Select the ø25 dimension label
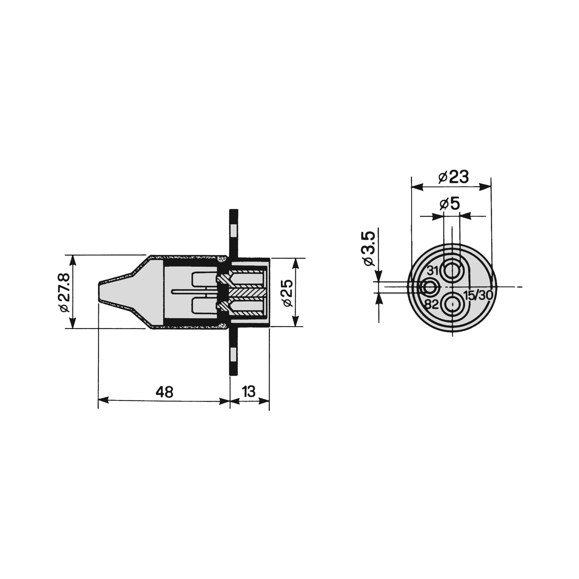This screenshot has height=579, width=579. pyautogui.click(x=288, y=293)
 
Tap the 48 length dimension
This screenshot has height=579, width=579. pyautogui.click(x=165, y=392)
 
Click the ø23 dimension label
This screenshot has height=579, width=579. pyautogui.click(x=453, y=177)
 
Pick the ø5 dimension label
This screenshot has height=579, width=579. pyautogui.click(x=449, y=204)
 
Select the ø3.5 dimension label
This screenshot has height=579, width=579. pyautogui.click(x=370, y=248)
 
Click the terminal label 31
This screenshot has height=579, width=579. pyautogui.click(x=433, y=271)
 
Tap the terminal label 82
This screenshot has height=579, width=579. pyautogui.click(x=432, y=305)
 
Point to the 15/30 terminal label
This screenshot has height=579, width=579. pyautogui.click(x=478, y=296)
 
